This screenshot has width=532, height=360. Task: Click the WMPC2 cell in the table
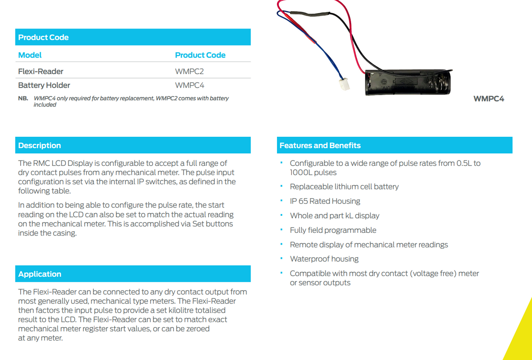click(189, 71)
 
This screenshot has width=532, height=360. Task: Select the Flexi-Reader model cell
click(41, 71)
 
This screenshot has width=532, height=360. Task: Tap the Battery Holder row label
click(44, 85)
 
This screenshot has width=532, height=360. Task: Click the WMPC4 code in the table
click(189, 85)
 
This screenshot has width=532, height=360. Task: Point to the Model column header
click(30, 55)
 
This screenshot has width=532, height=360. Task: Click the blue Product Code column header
click(200, 55)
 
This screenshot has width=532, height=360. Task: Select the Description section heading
click(39, 146)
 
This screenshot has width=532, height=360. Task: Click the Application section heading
click(40, 274)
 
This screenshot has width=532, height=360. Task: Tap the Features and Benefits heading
click(320, 146)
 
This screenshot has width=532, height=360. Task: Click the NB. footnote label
click(23, 98)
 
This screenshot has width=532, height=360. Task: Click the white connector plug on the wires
click(344, 84)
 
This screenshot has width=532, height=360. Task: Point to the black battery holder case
click(408, 82)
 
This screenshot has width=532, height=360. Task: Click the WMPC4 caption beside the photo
click(489, 99)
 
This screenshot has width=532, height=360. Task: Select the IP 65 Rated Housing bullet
click(325, 201)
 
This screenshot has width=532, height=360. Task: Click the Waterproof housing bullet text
click(324, 259)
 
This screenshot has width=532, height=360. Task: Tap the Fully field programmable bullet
click(333, 230)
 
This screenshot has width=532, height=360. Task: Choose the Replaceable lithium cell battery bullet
click(344, 186)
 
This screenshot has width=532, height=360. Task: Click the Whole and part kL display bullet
click(335, 216)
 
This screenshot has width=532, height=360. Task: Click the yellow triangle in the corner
click(522, 338)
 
